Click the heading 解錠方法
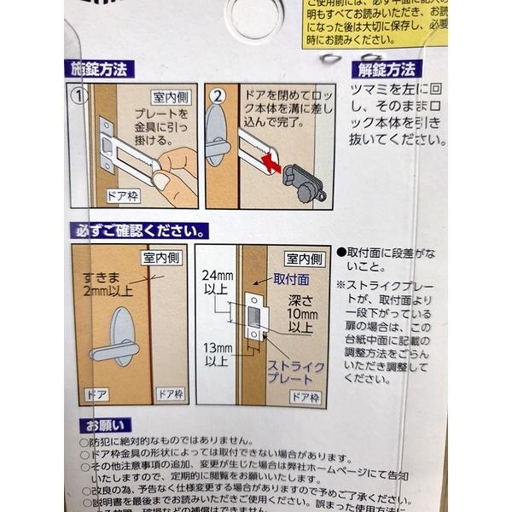(x=386, y=69)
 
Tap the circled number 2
(x=215, y=96)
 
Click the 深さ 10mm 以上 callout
(x=301, y=312)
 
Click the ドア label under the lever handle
(x=96, y=393)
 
